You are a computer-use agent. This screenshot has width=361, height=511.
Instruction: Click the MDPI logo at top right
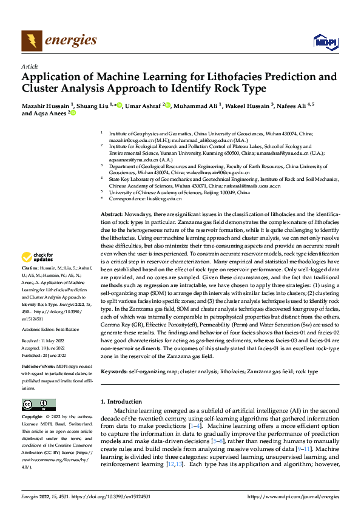coord(325,41)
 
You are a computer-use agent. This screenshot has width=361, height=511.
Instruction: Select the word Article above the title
coord(29,66)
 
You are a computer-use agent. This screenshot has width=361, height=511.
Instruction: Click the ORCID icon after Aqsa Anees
coord(73,113)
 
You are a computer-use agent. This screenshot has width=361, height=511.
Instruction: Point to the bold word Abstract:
coord(112,164)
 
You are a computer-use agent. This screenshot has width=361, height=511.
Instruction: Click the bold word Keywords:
coord(114,371)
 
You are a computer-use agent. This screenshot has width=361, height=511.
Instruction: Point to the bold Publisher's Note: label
coord(38,368)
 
